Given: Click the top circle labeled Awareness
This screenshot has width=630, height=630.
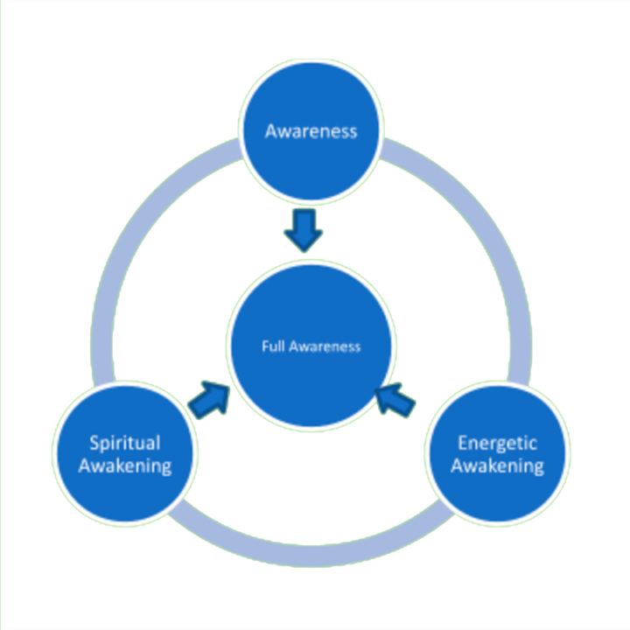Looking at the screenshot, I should tap(311, 131).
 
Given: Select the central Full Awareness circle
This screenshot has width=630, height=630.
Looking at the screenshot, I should tap(311, 346).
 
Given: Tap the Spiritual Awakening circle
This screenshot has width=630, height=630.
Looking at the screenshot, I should tap(124, 453).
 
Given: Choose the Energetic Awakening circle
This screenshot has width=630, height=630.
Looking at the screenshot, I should tap(497, 453).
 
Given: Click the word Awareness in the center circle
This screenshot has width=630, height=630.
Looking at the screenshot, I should tap(325, 346).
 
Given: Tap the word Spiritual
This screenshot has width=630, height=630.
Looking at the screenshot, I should tap(124, 442).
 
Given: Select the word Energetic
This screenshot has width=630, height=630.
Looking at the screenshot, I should tap(497, 442).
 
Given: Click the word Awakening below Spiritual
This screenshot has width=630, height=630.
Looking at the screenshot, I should tap(124, 465).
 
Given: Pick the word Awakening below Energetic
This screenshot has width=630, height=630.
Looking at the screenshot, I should tap(497, 465).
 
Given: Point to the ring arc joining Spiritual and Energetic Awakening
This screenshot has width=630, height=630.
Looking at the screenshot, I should tap(311, 548).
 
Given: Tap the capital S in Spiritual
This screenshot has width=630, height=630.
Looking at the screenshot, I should tap(94, 441).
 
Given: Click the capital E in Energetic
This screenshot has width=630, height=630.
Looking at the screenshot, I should tap(465, 441).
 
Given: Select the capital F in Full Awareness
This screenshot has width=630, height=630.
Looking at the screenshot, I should tap(265, 346).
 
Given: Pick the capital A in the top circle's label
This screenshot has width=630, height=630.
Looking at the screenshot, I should tap(271, 131).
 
